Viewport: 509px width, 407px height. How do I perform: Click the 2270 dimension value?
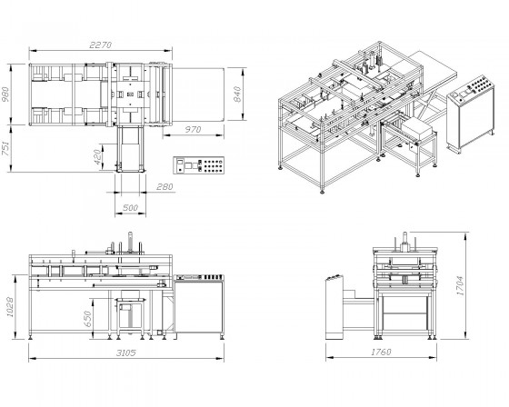[x=100, y=45]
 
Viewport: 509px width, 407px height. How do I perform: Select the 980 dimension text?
[x=5, y=94]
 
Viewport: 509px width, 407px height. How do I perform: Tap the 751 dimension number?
[x=5, y=148]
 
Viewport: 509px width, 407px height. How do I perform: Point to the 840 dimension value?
[x=237, y=94]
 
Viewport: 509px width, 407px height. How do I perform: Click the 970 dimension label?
[x=193, y=130]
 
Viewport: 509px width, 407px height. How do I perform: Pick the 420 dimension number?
[x=97, y=157]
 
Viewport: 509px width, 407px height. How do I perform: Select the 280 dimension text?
[x=165, y=187]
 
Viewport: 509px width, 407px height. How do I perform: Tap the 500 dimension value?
[x=130, y=208]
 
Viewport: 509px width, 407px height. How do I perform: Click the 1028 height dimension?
[x=10, y=307]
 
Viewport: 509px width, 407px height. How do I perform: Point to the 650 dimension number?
[x=87, y=319]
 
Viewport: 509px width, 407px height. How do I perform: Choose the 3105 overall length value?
[x=126, y=352]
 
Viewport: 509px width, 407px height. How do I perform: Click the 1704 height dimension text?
[x=460, y=285]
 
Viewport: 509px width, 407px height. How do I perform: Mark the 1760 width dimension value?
[x=381, y=352]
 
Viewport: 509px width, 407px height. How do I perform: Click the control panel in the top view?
[x=199, y=165]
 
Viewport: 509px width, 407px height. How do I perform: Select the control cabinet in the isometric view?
[x=471, y=113]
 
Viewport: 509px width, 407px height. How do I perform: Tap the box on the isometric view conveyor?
[x=418, y=128]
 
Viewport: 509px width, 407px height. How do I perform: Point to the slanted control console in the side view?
[x=334, y=307]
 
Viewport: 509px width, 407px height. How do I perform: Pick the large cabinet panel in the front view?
[x=198, y=307]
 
